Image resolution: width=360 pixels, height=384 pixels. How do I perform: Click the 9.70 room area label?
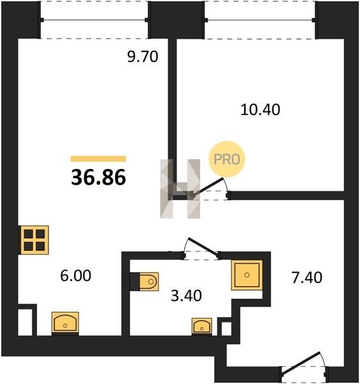[143, 57]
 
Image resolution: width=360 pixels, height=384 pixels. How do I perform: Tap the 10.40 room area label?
[260, 109]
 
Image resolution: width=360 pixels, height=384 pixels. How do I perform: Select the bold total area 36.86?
[98, 177]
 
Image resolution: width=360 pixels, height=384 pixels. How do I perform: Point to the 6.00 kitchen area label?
[76, 275]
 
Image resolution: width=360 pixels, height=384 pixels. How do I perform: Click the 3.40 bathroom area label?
[186, 295]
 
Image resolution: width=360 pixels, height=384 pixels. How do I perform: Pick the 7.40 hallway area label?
[307, 278]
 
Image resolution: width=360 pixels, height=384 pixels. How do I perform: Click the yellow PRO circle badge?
[227, 159]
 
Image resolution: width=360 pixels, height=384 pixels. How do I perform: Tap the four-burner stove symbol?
[34, 240]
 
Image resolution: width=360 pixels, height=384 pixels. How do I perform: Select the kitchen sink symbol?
[65, 323]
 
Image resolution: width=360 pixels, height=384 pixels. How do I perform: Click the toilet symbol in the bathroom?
[149, 282]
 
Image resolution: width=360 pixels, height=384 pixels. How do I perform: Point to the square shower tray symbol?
[247, 275]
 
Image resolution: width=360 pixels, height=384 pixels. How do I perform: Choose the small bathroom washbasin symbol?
[202, 326]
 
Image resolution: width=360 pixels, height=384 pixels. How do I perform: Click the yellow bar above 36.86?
[98, 159]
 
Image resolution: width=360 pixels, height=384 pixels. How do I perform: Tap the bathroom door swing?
[201, 248]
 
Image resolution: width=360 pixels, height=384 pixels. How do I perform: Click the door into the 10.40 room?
[210, 188]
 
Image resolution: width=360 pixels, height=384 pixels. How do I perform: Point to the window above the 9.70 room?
[95, 20]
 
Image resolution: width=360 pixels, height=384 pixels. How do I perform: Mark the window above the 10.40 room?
[260, 20]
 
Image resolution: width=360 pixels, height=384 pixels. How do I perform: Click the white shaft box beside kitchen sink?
[26, 322]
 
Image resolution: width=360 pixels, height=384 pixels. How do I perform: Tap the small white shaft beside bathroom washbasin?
[226, 329]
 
